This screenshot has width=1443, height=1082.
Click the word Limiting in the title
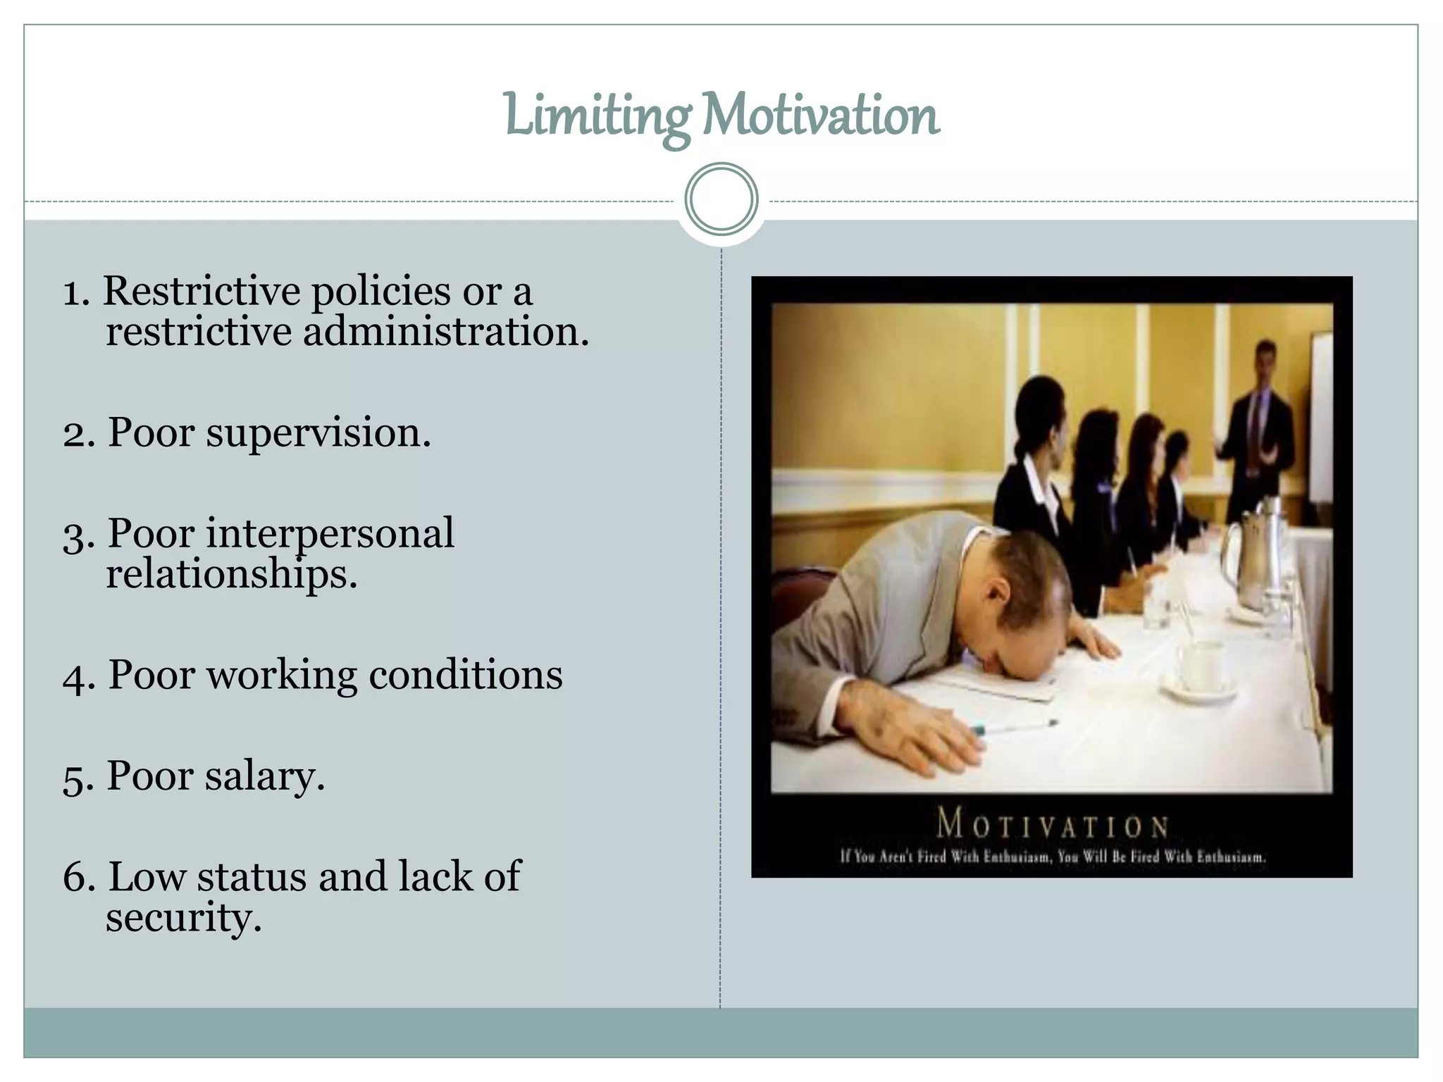click(x=597, y=116)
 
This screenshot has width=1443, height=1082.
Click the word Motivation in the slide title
click(x=821, y=116)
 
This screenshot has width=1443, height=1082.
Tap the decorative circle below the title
click(x=721, y=199)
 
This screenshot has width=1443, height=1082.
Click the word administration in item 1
click(x=445, y=332)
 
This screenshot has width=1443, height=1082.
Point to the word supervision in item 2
click(x=318, y=433)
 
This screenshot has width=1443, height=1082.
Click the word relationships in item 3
click(x=231, y=575)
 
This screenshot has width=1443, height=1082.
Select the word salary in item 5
click(x=265, y=776)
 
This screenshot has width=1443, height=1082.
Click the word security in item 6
click(x=183, y=918)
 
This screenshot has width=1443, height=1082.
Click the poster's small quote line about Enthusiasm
click(x=1052, y=857)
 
